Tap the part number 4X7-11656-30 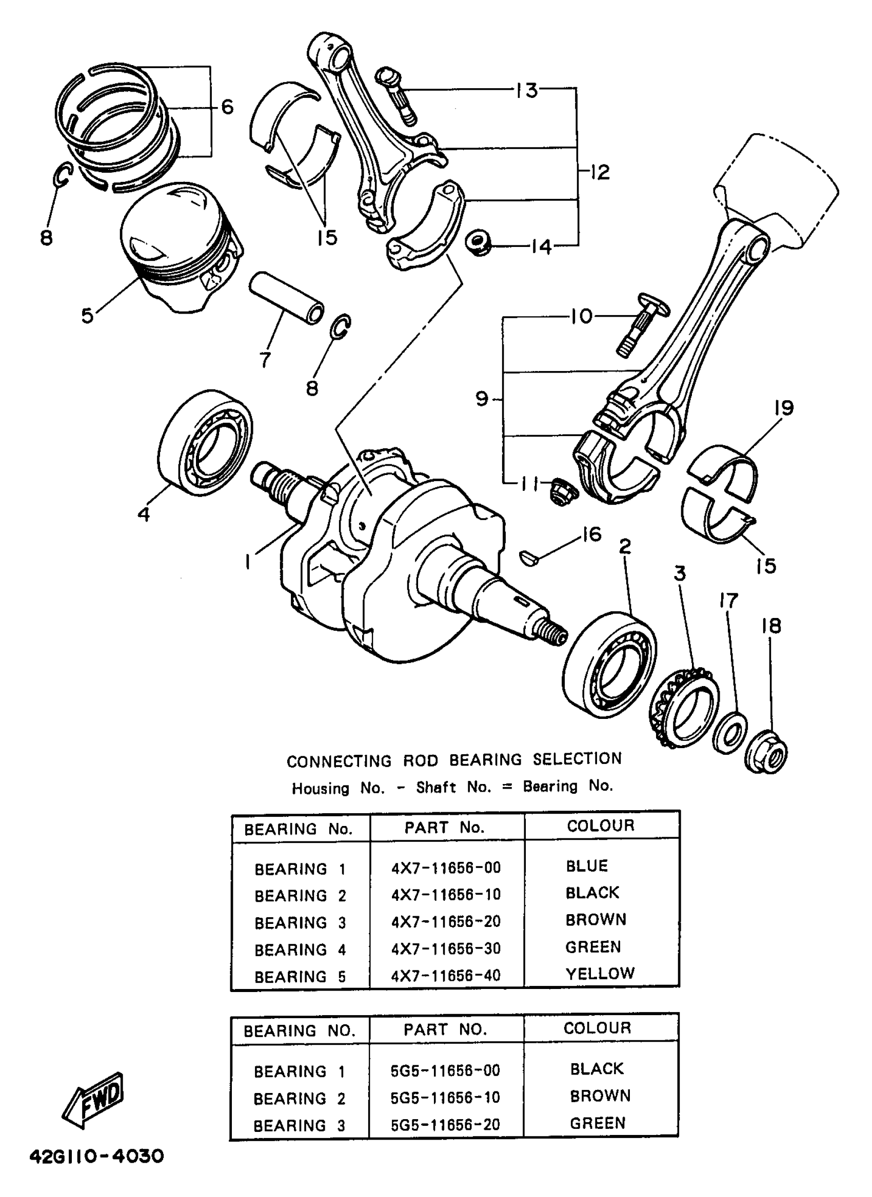coord(445,948)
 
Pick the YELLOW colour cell coord(600,973)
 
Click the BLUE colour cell coord(587,866)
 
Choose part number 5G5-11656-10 coord(445,1098)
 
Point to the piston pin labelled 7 coord(286,299)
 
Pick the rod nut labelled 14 coord(479,242)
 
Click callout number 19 coord(784,408)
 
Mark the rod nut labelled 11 coord(562,491)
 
